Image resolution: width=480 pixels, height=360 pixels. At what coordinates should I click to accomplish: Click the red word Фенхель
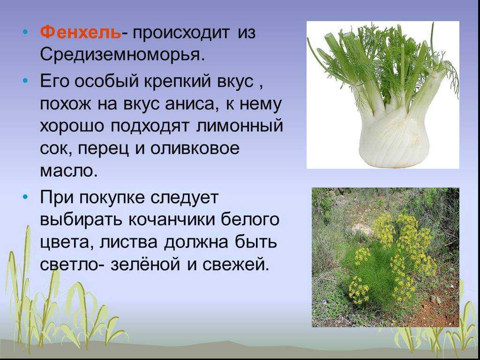pyautogui.click(x=81, y=32)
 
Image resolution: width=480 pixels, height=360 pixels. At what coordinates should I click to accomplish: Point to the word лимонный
pyautogui.click(x=239, y=127)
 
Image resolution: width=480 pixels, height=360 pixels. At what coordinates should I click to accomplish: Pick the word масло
pyautogui.click(x=68, y=172)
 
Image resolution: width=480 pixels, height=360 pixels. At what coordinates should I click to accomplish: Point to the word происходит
pyautogui.click(x=180, y=33)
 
